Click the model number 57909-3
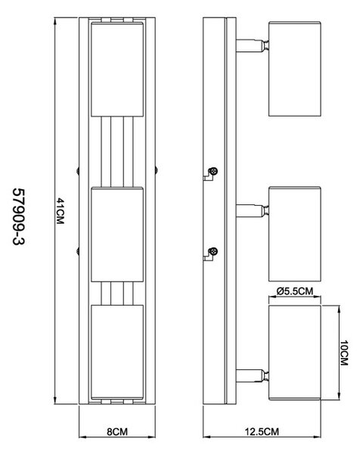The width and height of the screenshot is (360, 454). (19, 217)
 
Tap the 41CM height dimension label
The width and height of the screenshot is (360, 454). (60, 211)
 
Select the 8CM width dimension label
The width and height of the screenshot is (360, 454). (117, 432)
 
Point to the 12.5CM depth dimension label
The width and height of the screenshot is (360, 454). (262, 432)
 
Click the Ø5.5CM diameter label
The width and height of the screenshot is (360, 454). (295, 291)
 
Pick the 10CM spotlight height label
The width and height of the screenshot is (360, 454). (344, 353)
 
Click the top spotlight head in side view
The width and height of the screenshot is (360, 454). (295, 69)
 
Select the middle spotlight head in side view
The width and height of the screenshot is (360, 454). (295, 234)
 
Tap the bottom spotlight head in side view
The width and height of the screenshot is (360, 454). (295, 353)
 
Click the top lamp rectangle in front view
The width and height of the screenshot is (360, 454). (117, 69)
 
